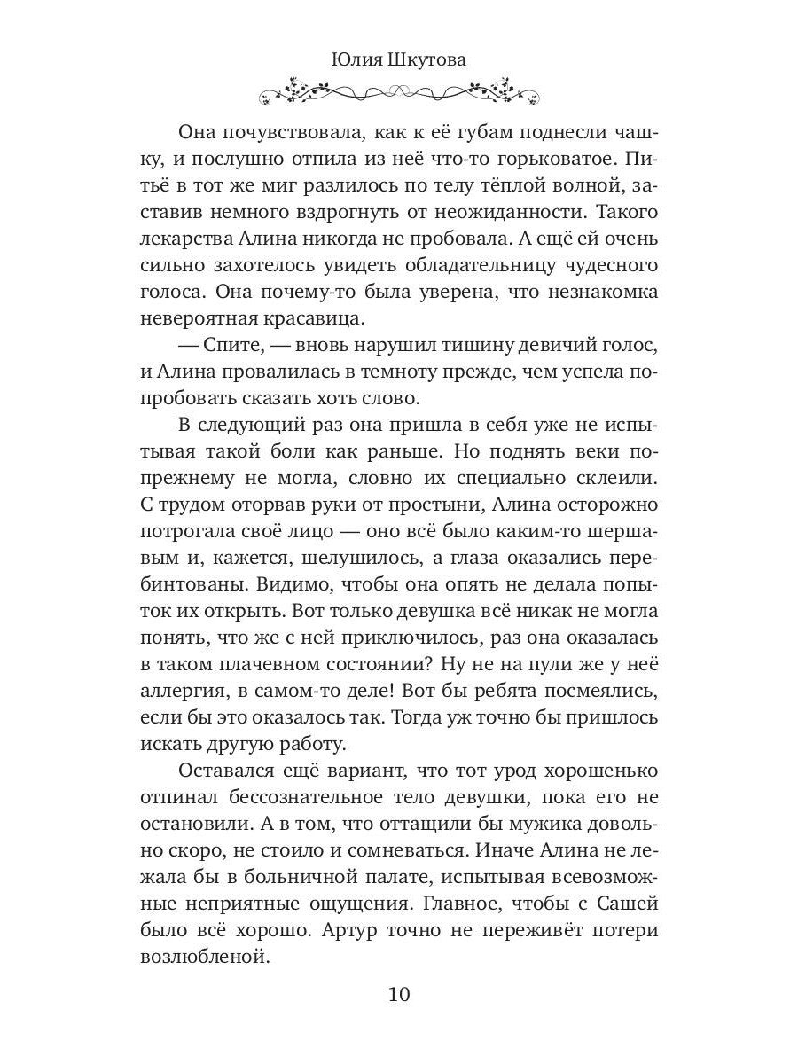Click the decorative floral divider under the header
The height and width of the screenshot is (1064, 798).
pyautogui.click(x=399, y=91)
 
